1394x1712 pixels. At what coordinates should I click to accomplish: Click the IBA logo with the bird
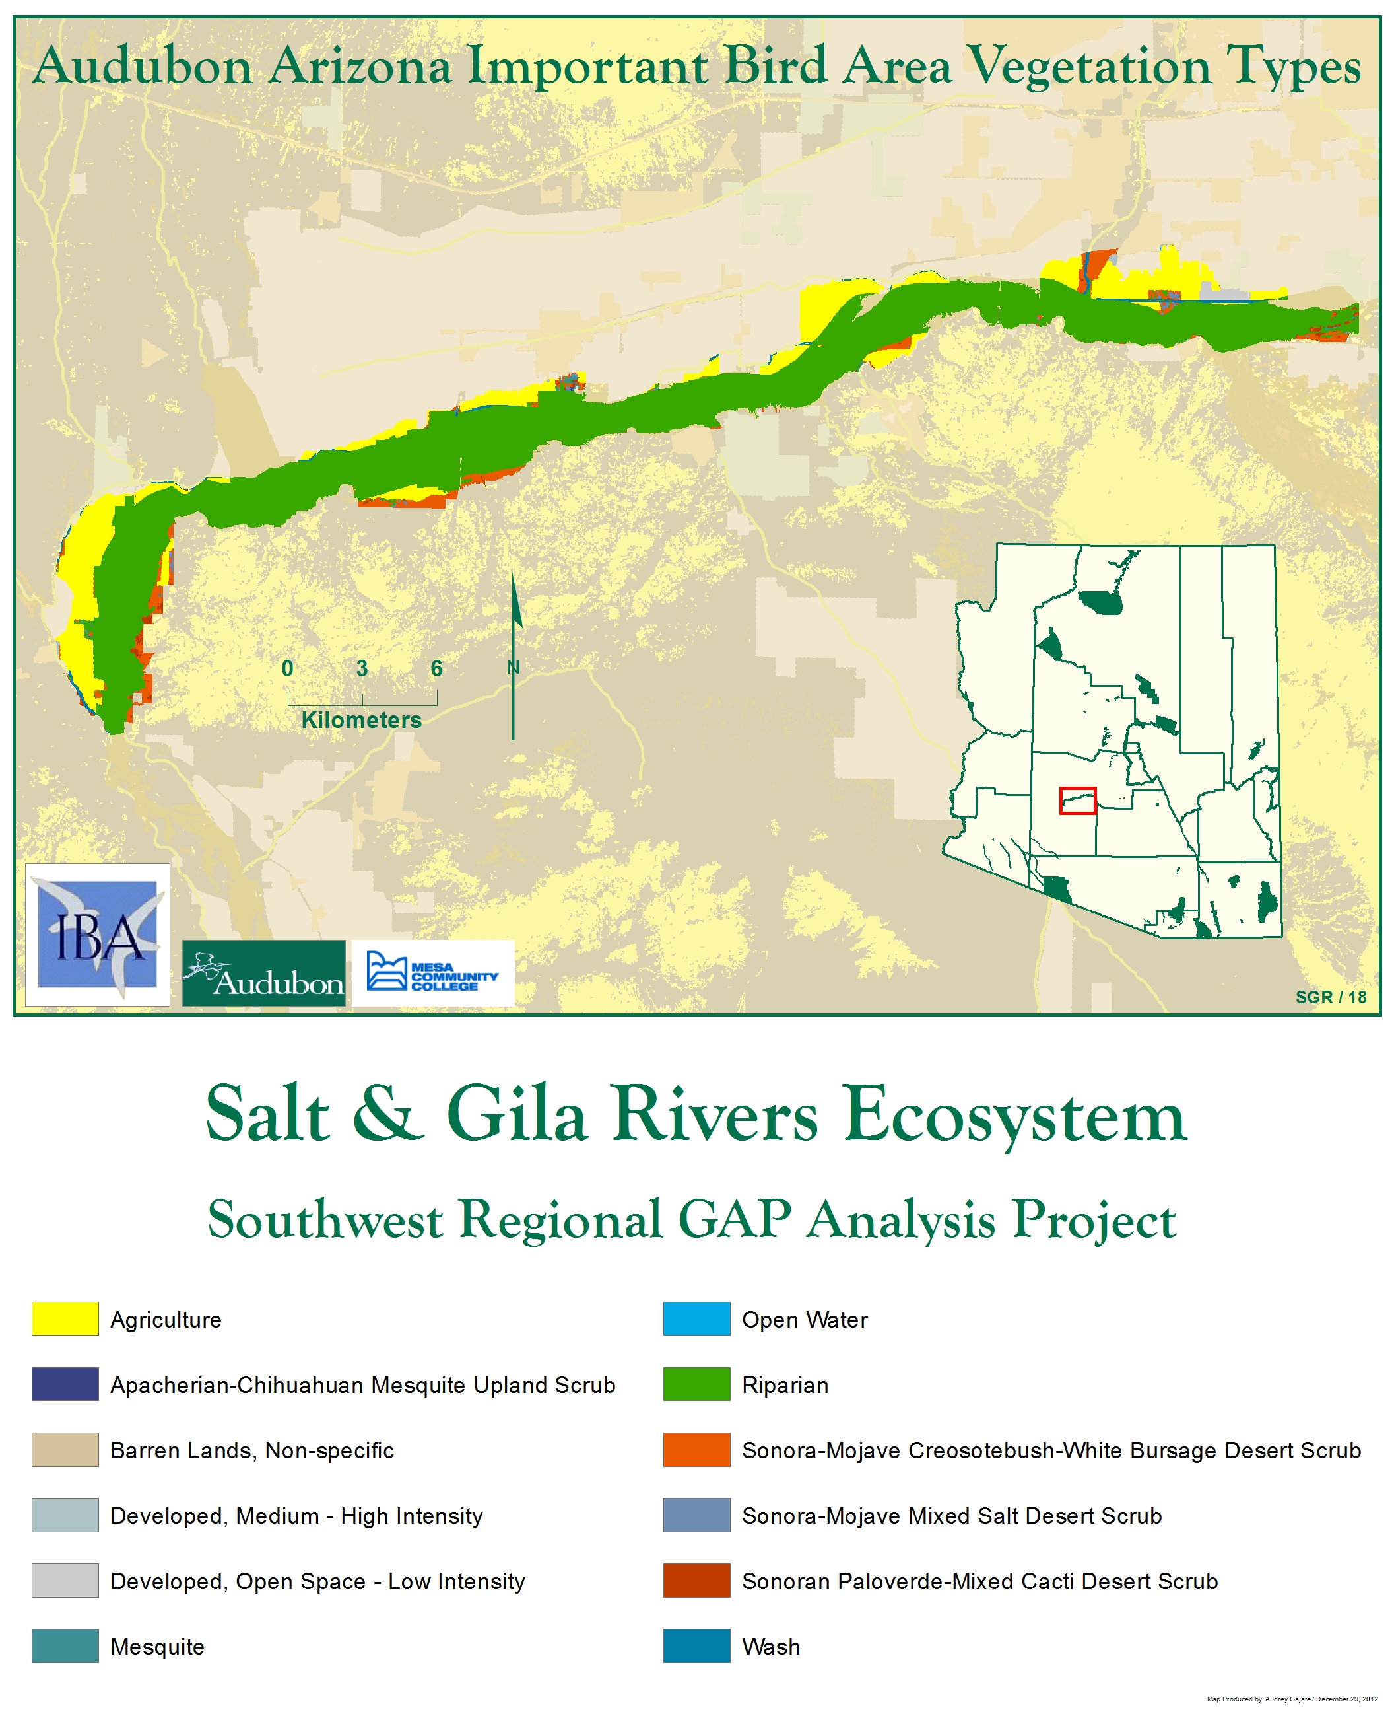pyautogui.click(x=97, y=935)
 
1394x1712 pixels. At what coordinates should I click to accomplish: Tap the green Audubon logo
pyautogui.click(x=263, y=973)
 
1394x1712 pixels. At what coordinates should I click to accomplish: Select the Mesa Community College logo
pyautogui.click(x=433, y=972)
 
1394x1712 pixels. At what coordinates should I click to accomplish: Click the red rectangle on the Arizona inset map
pyautogui.click(x=1077, y=800)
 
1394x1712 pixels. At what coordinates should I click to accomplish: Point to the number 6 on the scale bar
pyautogui.click(x=436, y=668)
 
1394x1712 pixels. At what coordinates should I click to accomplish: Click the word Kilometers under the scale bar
pyautogui.click(x=361, y=719)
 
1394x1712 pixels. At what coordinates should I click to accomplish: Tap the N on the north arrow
pyautogui.click(x=513, y=667)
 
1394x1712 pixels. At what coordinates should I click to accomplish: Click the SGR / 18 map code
pyautogui.click(x=1331, y=996)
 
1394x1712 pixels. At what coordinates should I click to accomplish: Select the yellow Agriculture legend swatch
pyautogui.click(x=65, y=1319)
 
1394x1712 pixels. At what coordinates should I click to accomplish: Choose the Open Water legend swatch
pyautogui.click(x=696, y=1319)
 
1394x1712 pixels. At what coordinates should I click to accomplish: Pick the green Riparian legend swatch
pyautogui.click(x=696, y=1384)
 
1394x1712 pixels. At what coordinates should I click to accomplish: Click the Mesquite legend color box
pyautogui.click(x=65, y=1645)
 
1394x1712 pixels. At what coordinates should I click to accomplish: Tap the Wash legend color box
pyautogui.click(x=696, y=1645)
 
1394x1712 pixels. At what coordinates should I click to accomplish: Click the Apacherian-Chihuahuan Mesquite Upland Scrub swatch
pyautogui.click(x=65, y=1384)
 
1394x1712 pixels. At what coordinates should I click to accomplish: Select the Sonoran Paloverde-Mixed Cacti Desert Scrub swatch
pyautogui.click(x=696, y=1581)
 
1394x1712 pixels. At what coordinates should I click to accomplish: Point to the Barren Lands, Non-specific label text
pyautogui.click(x=252, y=1450)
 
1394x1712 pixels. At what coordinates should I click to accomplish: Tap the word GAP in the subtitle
pyautogui.click(x=734, y=1219)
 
